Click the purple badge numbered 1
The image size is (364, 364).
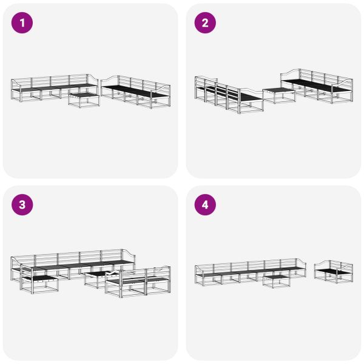(22, 23)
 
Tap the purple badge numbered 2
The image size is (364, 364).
(205, 23)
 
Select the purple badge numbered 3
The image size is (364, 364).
(22, 204)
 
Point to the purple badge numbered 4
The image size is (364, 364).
(205, 204)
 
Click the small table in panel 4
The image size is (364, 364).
(276, 281)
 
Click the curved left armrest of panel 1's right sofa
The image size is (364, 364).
(108, 80)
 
